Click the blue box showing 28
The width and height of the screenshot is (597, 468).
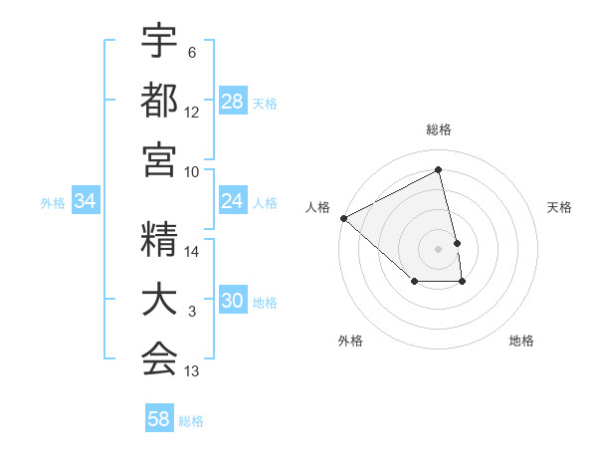233,101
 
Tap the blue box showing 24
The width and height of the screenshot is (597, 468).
233,201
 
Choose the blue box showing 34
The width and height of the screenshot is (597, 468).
86,201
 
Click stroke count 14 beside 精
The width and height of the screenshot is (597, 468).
192,252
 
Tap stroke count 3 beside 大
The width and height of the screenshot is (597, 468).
192,313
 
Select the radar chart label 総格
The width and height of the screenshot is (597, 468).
439,129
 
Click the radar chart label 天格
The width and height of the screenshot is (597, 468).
560,207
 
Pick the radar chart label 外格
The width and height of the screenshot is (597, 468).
350,341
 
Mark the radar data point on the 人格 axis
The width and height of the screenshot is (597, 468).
343,218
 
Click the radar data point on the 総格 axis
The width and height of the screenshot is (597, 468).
439,170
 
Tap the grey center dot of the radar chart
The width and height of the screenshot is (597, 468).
439,248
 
